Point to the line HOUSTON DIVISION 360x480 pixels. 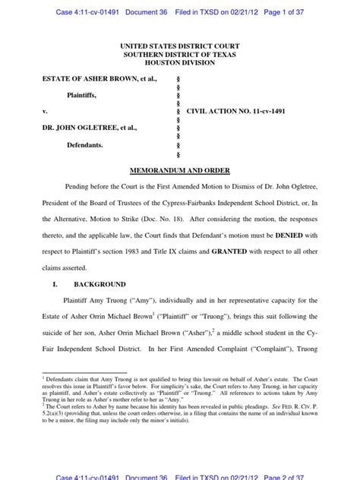(x=180, y=62)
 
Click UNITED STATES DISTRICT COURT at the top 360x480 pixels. (x=180, y=45)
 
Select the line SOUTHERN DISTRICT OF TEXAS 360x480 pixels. (x=180, y=53)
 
